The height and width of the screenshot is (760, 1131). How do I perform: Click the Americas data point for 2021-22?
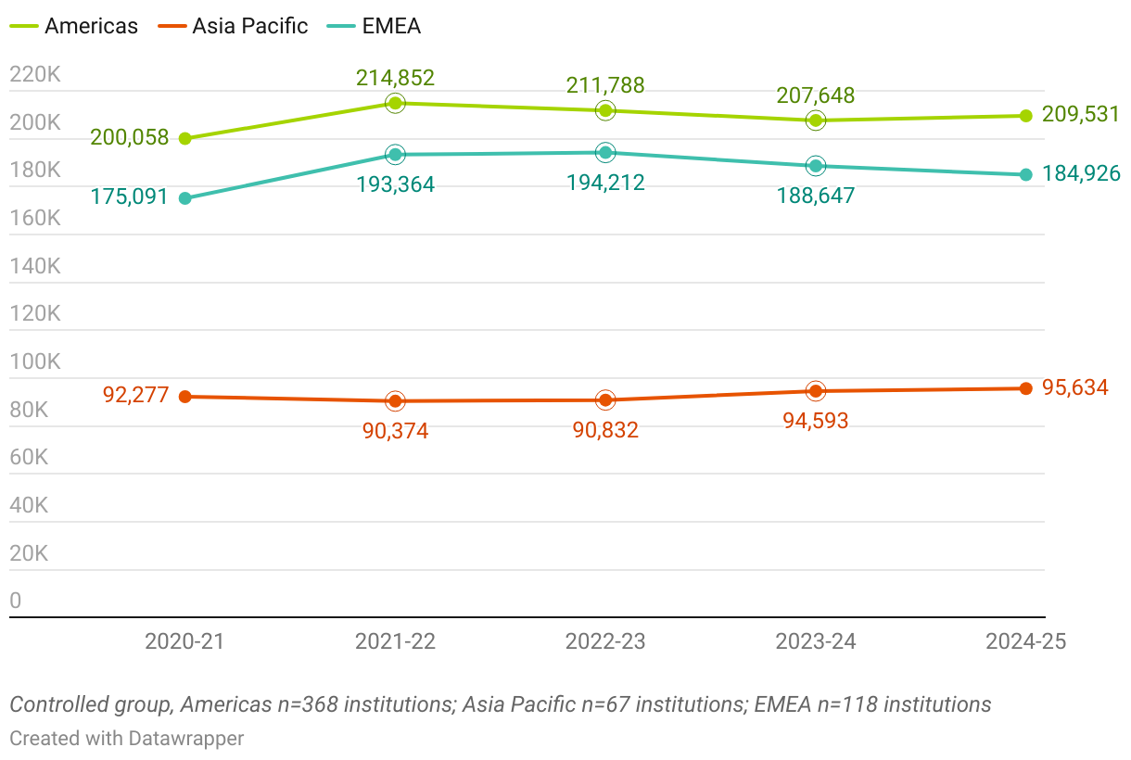(x=395, y=103)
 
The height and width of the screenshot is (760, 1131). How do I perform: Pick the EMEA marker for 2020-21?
(x=184, y=198)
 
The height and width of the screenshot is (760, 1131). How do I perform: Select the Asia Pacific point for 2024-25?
(x=1026, y=388)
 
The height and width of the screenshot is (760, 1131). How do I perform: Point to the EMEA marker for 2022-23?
(x=605, y=153)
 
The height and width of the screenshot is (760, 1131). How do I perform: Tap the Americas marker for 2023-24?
(x=816, y=120)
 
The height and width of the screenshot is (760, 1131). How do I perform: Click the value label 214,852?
(x=395, y=78)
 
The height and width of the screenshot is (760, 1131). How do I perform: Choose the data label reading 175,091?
(x=130, y=196)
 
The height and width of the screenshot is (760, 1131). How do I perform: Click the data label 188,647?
(x=816, y=196)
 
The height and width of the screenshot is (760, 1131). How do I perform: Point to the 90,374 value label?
(x=395, y=431)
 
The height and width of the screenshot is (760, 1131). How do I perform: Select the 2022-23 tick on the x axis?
(x=605, y=641)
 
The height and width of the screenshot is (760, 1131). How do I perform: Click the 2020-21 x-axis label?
(x=184, y=641)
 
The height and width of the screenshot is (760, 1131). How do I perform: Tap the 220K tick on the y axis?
(x=34, y=74)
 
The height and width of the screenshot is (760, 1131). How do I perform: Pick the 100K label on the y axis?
(x=34, y=361)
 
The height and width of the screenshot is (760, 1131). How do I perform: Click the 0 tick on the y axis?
(x=15, y=601)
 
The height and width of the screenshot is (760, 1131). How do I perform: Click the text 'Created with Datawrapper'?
(x=127, y=739)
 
